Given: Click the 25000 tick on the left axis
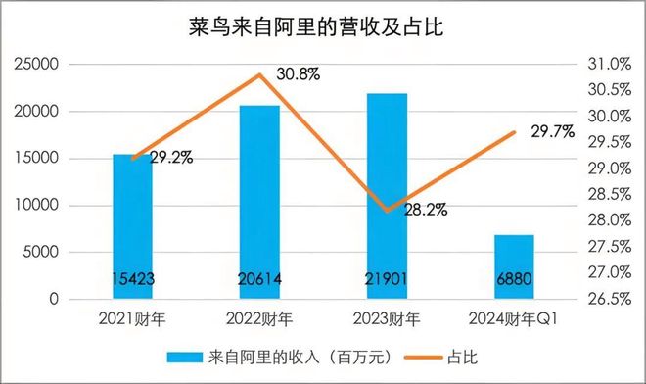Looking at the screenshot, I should (38, 65).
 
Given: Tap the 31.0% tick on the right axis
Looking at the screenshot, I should (609, 65).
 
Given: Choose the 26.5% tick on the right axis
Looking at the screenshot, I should (609, 299).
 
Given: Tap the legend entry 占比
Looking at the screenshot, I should (446, 357).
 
